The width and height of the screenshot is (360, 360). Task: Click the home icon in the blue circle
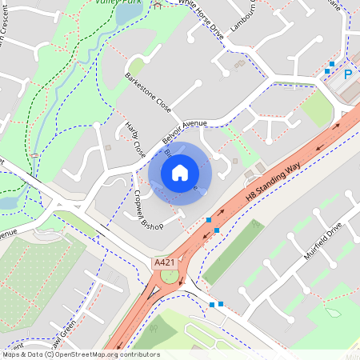pyautogui.click(x=180, y=173)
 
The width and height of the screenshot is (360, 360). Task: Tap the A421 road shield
pyautogui.click(x=163, y=262)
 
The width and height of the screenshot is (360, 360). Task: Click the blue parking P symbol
pyautogui.click(x=348, y=74)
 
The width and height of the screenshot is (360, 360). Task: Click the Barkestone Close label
pyautogui.click(x=148, y=93)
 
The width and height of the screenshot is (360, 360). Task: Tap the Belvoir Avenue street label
pyautogui.click(x=183, y=129)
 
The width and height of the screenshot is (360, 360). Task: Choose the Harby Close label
pyautogui.click(x=137, y=138)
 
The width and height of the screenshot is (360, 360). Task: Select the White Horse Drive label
pyautogui.click(x=200, y=14)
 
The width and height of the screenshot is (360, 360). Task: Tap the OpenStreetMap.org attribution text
pyautogui.click(x=104, y=354)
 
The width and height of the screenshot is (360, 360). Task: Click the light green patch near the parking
pyautogui.click(x=318, y=112)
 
